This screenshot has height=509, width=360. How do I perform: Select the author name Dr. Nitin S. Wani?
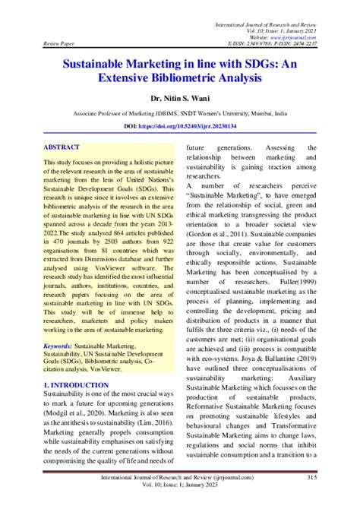coord(180,98)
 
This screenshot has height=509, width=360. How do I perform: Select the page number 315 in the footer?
coord(333,477)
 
